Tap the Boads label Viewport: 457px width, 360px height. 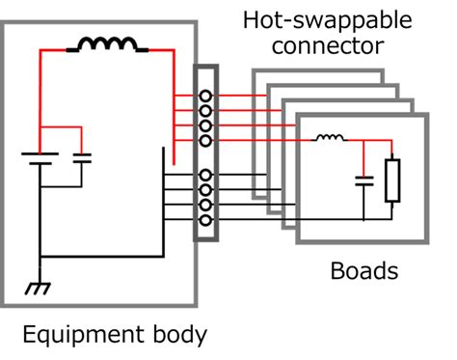coord(363,271)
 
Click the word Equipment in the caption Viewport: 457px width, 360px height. coord(79,336)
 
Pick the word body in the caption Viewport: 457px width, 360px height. coord(177,336)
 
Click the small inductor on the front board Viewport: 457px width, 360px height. coord(331,140)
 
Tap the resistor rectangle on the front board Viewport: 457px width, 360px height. coord(391,180)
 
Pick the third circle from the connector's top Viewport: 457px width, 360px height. coord(205,125)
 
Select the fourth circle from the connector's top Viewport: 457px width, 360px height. coord(205,141)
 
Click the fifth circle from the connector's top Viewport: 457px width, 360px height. coord(205,175)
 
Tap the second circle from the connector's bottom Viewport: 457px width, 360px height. coord(205,205)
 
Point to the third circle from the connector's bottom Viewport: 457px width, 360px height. coord(205,190)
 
